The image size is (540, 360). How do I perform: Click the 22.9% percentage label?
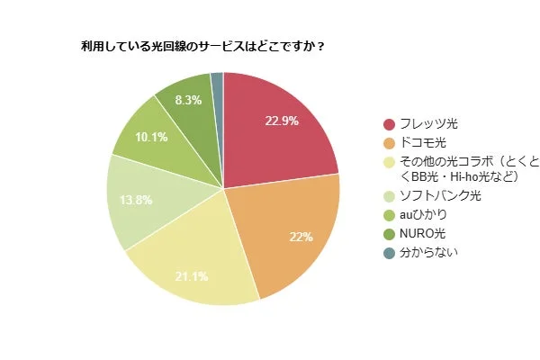(x=281, y=121)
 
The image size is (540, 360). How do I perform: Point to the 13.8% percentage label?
(x=136, y=199)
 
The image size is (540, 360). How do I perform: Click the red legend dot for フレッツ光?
(x=389, y=124)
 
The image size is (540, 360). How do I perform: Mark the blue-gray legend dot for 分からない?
(x=389, y=253)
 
